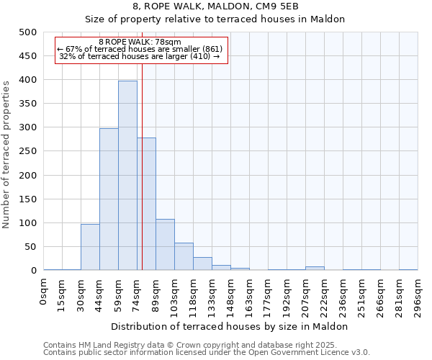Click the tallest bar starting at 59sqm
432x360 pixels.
127,176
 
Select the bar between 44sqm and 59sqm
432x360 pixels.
109,199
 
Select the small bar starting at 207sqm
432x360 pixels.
315,268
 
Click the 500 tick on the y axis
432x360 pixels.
28,32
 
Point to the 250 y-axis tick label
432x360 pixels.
28,151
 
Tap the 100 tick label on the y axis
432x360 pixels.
28,223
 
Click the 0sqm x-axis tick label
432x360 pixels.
44,293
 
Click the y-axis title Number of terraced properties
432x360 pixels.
6,154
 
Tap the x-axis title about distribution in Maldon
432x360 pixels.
230,326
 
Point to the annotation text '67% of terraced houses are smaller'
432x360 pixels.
140,49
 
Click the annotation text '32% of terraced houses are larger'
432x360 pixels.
140,56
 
